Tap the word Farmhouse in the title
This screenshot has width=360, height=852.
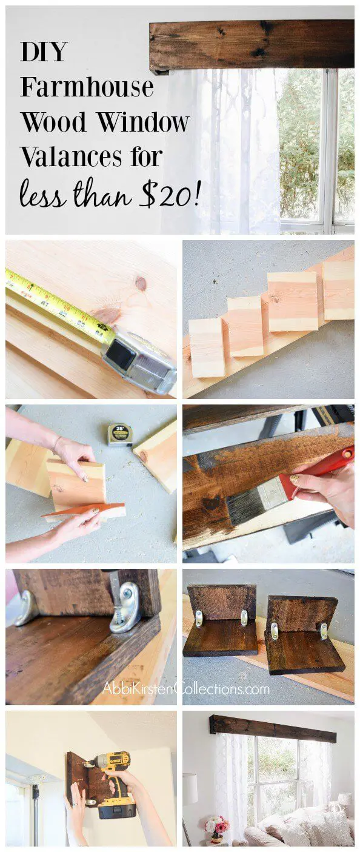click(87, 87)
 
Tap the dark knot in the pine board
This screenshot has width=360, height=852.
click(141, 283)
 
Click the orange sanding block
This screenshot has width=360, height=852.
click(84, 511)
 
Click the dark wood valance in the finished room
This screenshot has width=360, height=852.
click(273, 728)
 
